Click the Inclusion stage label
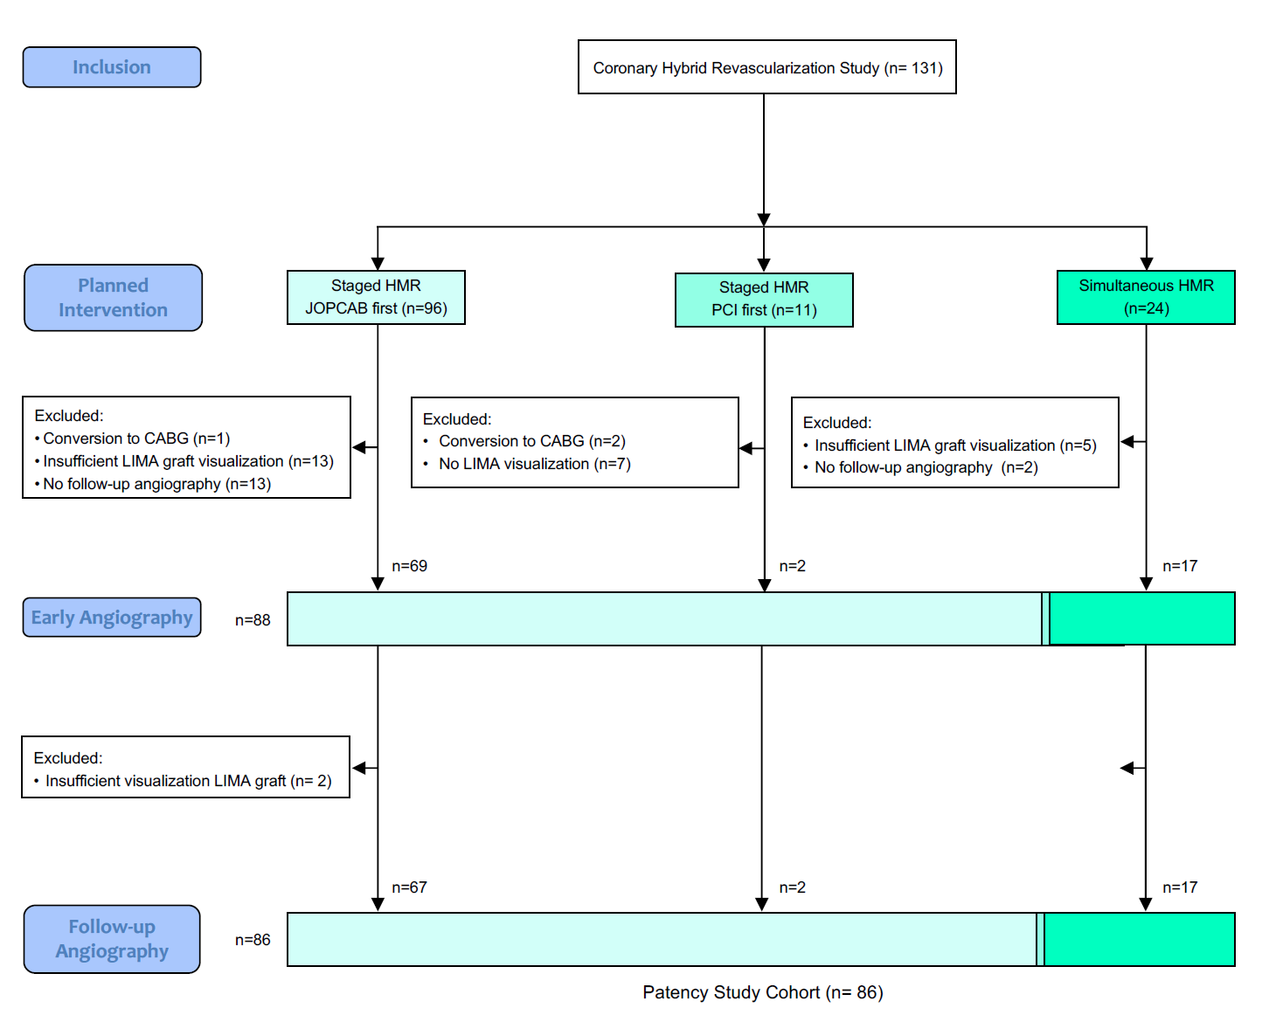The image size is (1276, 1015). click(x=112, y=67)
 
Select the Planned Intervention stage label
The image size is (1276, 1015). click(x=113, y=298)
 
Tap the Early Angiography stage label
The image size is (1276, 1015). click(x=112, y=618)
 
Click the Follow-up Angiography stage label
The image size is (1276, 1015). click(x=112, y=939)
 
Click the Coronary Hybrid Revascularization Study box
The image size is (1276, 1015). click(x=766, y=67)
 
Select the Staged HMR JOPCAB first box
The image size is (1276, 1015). click(x=376, y=297)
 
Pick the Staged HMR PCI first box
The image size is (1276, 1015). click(x=764, y=300)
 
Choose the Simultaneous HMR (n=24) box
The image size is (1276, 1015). click(x=1146, y=297)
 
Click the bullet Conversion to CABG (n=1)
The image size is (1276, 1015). click(x=136, y=438)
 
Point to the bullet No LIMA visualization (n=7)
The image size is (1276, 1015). click(x=534, y=464)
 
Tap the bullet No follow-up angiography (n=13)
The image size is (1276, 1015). click(x=156, y=484)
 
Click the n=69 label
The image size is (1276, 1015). click(x=409, y=566)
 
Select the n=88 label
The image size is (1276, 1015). click(x=253, y=620)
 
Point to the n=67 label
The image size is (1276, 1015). click(x=409, y=887)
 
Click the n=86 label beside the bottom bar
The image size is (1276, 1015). click(x=253, y=940)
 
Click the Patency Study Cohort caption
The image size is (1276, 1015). click(x=762, y=992)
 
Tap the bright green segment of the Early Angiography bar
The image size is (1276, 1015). click(x=1141, y=618)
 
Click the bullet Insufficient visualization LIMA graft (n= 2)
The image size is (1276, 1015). click(x=188, y=781)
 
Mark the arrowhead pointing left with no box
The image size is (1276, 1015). click(x=1127, y=768)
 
